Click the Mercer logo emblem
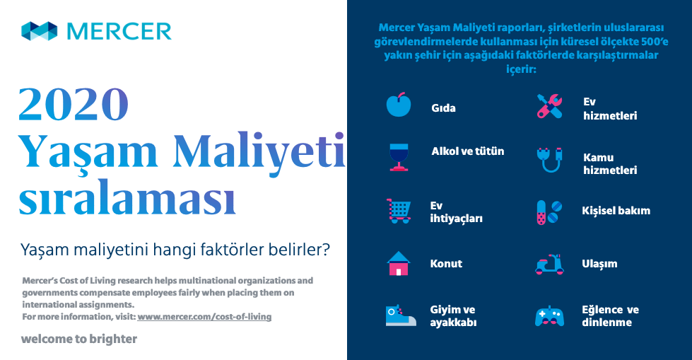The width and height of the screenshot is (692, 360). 40,31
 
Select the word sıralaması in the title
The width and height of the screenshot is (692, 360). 127,197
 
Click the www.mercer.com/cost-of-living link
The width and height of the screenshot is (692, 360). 204,317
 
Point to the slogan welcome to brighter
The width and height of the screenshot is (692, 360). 79,339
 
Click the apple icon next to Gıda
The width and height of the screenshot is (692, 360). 399,105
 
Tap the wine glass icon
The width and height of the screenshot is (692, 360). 399,157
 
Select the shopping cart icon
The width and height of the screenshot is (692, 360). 399,211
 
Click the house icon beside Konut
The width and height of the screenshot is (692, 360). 399,263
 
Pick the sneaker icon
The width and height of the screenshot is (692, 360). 400,315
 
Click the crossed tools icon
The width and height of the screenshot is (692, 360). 549,106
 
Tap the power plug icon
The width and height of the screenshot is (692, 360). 549,159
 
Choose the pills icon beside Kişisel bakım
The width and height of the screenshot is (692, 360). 549,212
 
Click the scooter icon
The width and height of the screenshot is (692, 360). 549,264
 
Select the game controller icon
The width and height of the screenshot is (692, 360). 549,316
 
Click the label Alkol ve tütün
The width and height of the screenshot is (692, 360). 468,151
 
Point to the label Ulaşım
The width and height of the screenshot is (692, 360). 599,264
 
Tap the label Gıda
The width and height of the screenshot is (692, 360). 443,108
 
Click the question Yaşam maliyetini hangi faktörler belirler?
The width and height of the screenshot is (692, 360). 175,250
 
